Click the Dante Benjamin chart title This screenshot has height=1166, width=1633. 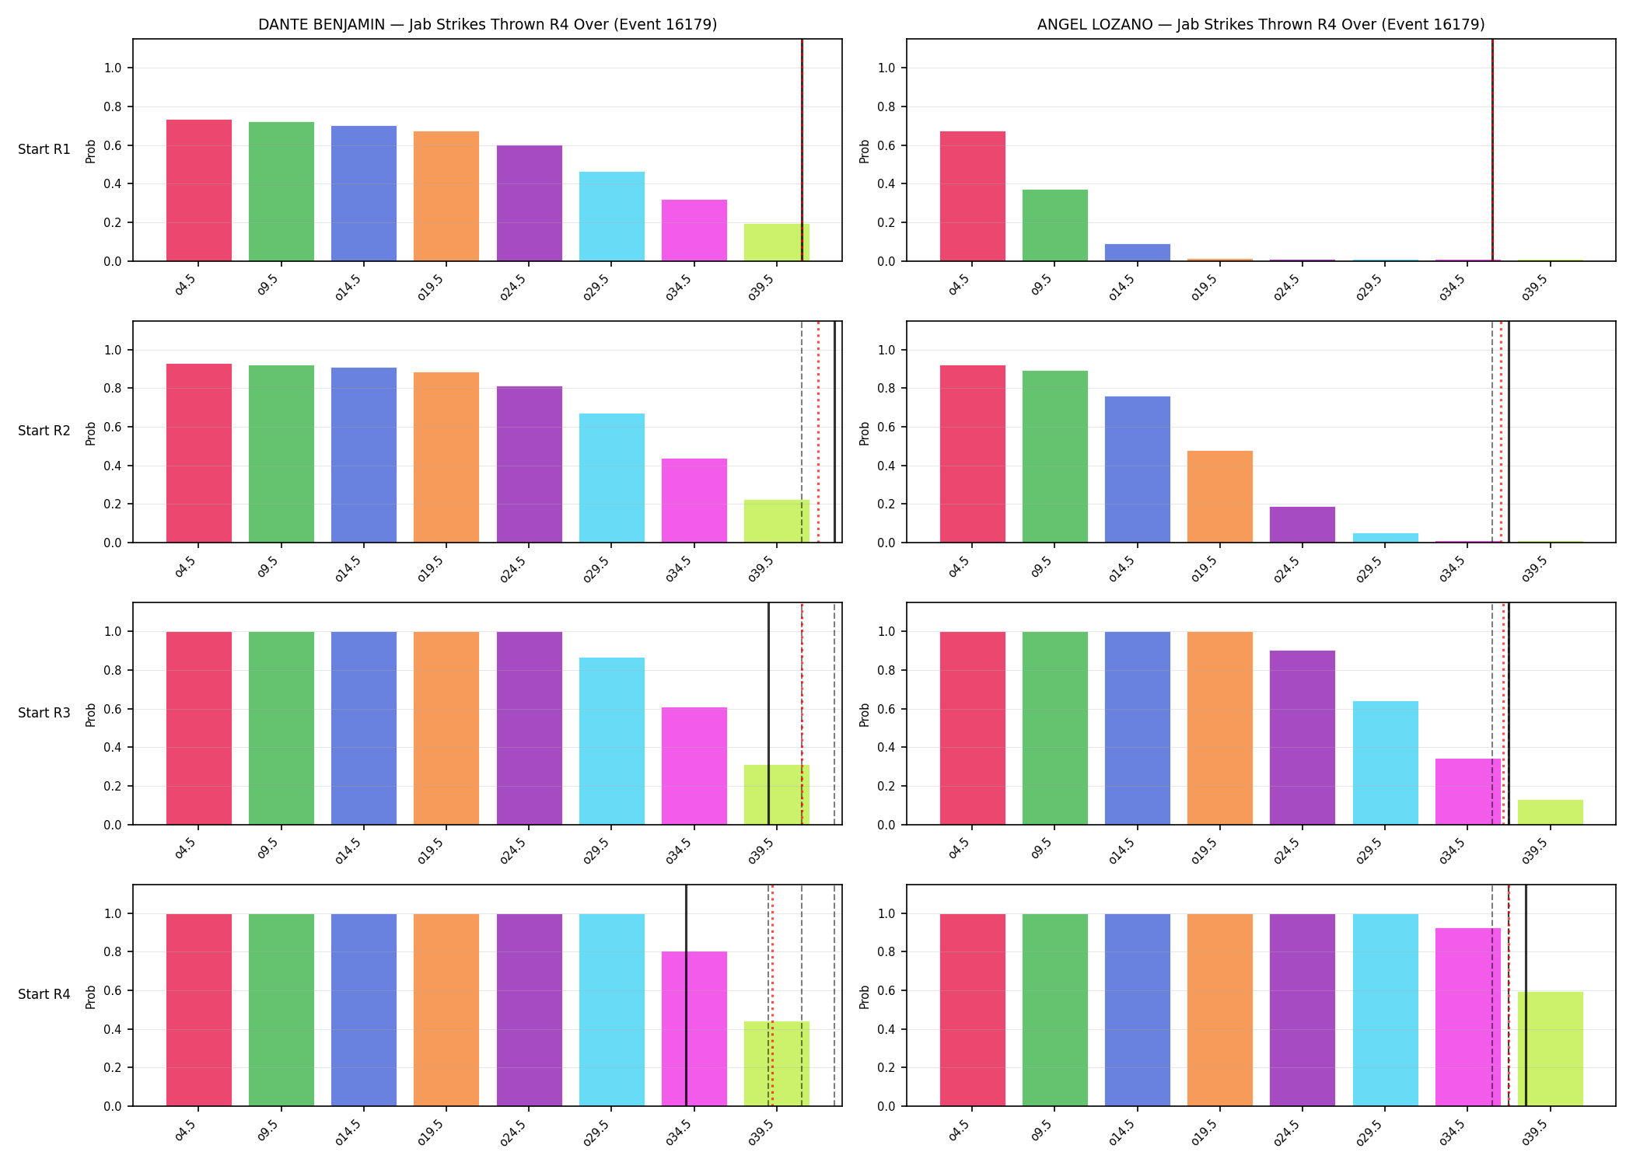(488, 24)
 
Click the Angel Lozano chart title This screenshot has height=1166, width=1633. (1261, 24)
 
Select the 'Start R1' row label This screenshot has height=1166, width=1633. (44, 149)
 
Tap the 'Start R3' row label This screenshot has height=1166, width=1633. (44, 713)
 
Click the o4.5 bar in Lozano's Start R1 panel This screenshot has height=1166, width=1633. (972, 196)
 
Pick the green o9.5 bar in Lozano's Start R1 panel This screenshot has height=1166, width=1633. (1054, 225)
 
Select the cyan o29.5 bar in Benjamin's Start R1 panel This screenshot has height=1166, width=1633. (612, 216)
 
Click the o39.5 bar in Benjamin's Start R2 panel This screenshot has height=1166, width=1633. (777, 521)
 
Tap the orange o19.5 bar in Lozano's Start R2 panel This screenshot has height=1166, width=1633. (1220, 497)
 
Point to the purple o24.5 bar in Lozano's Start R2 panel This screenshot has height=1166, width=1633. (1303, 525)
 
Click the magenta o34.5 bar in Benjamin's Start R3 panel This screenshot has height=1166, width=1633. (694, 766)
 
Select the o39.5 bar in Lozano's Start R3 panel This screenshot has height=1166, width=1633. (1550, 812)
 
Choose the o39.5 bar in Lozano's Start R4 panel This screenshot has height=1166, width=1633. (1550, 1049)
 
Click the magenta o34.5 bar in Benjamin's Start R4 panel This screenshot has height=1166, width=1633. (694, 1028)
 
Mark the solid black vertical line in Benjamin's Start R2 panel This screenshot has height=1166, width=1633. (834, 431)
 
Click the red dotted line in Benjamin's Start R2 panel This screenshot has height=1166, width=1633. (818, 431)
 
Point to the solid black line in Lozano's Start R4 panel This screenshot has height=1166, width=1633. (1526, 995)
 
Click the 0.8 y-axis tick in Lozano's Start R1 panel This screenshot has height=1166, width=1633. (886, 106)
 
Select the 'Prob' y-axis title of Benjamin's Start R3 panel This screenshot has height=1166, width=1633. (91, 714)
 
